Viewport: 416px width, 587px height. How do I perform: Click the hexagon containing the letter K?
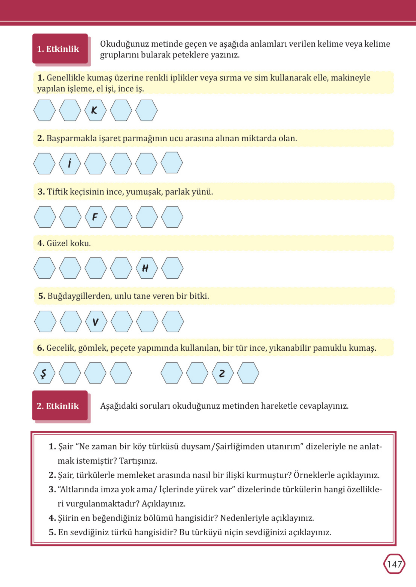pyautogui.click(x=95, y=110)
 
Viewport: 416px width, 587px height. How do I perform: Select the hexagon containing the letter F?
pyautogui.click(x=96, y=217)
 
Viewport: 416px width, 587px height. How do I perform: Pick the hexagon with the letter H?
pyautogui.click(x=146, y=268)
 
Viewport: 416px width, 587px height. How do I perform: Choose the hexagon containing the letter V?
pyautogui.click(x=96, y=322)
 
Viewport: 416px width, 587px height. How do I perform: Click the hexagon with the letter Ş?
pyautogui.click(x=44, y=373)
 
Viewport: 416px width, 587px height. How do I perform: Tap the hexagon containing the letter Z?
pyautogui.click(x=223, y=373)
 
